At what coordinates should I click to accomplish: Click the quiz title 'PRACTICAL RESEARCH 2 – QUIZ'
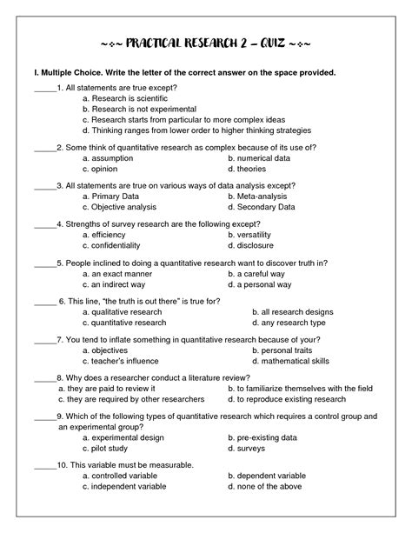[x=206, y=43]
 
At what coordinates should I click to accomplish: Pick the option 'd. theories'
[x=248, y=170]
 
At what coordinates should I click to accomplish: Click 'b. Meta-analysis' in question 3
[x=259, y=197]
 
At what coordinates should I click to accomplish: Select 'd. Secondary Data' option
[x=262, y=207]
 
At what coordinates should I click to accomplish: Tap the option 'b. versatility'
[x=254, y=235]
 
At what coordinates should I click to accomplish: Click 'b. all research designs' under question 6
[x=292, y=311]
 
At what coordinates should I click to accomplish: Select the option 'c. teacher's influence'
[x=122, y=360]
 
